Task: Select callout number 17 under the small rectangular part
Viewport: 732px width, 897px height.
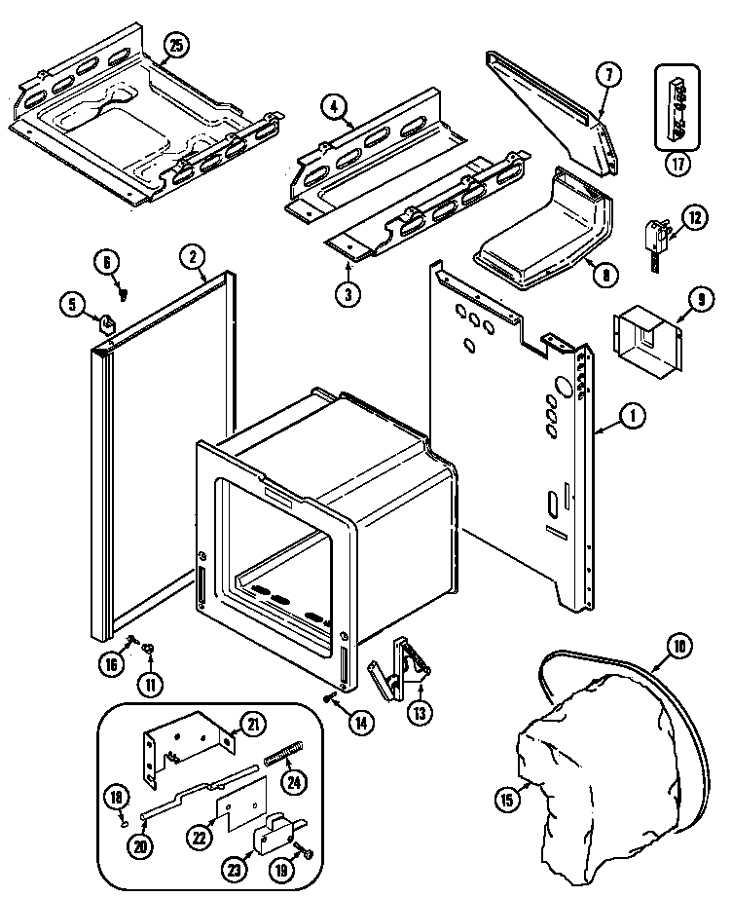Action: tap(677, 164)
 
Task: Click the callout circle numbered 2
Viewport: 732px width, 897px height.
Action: tap(193, 257)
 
